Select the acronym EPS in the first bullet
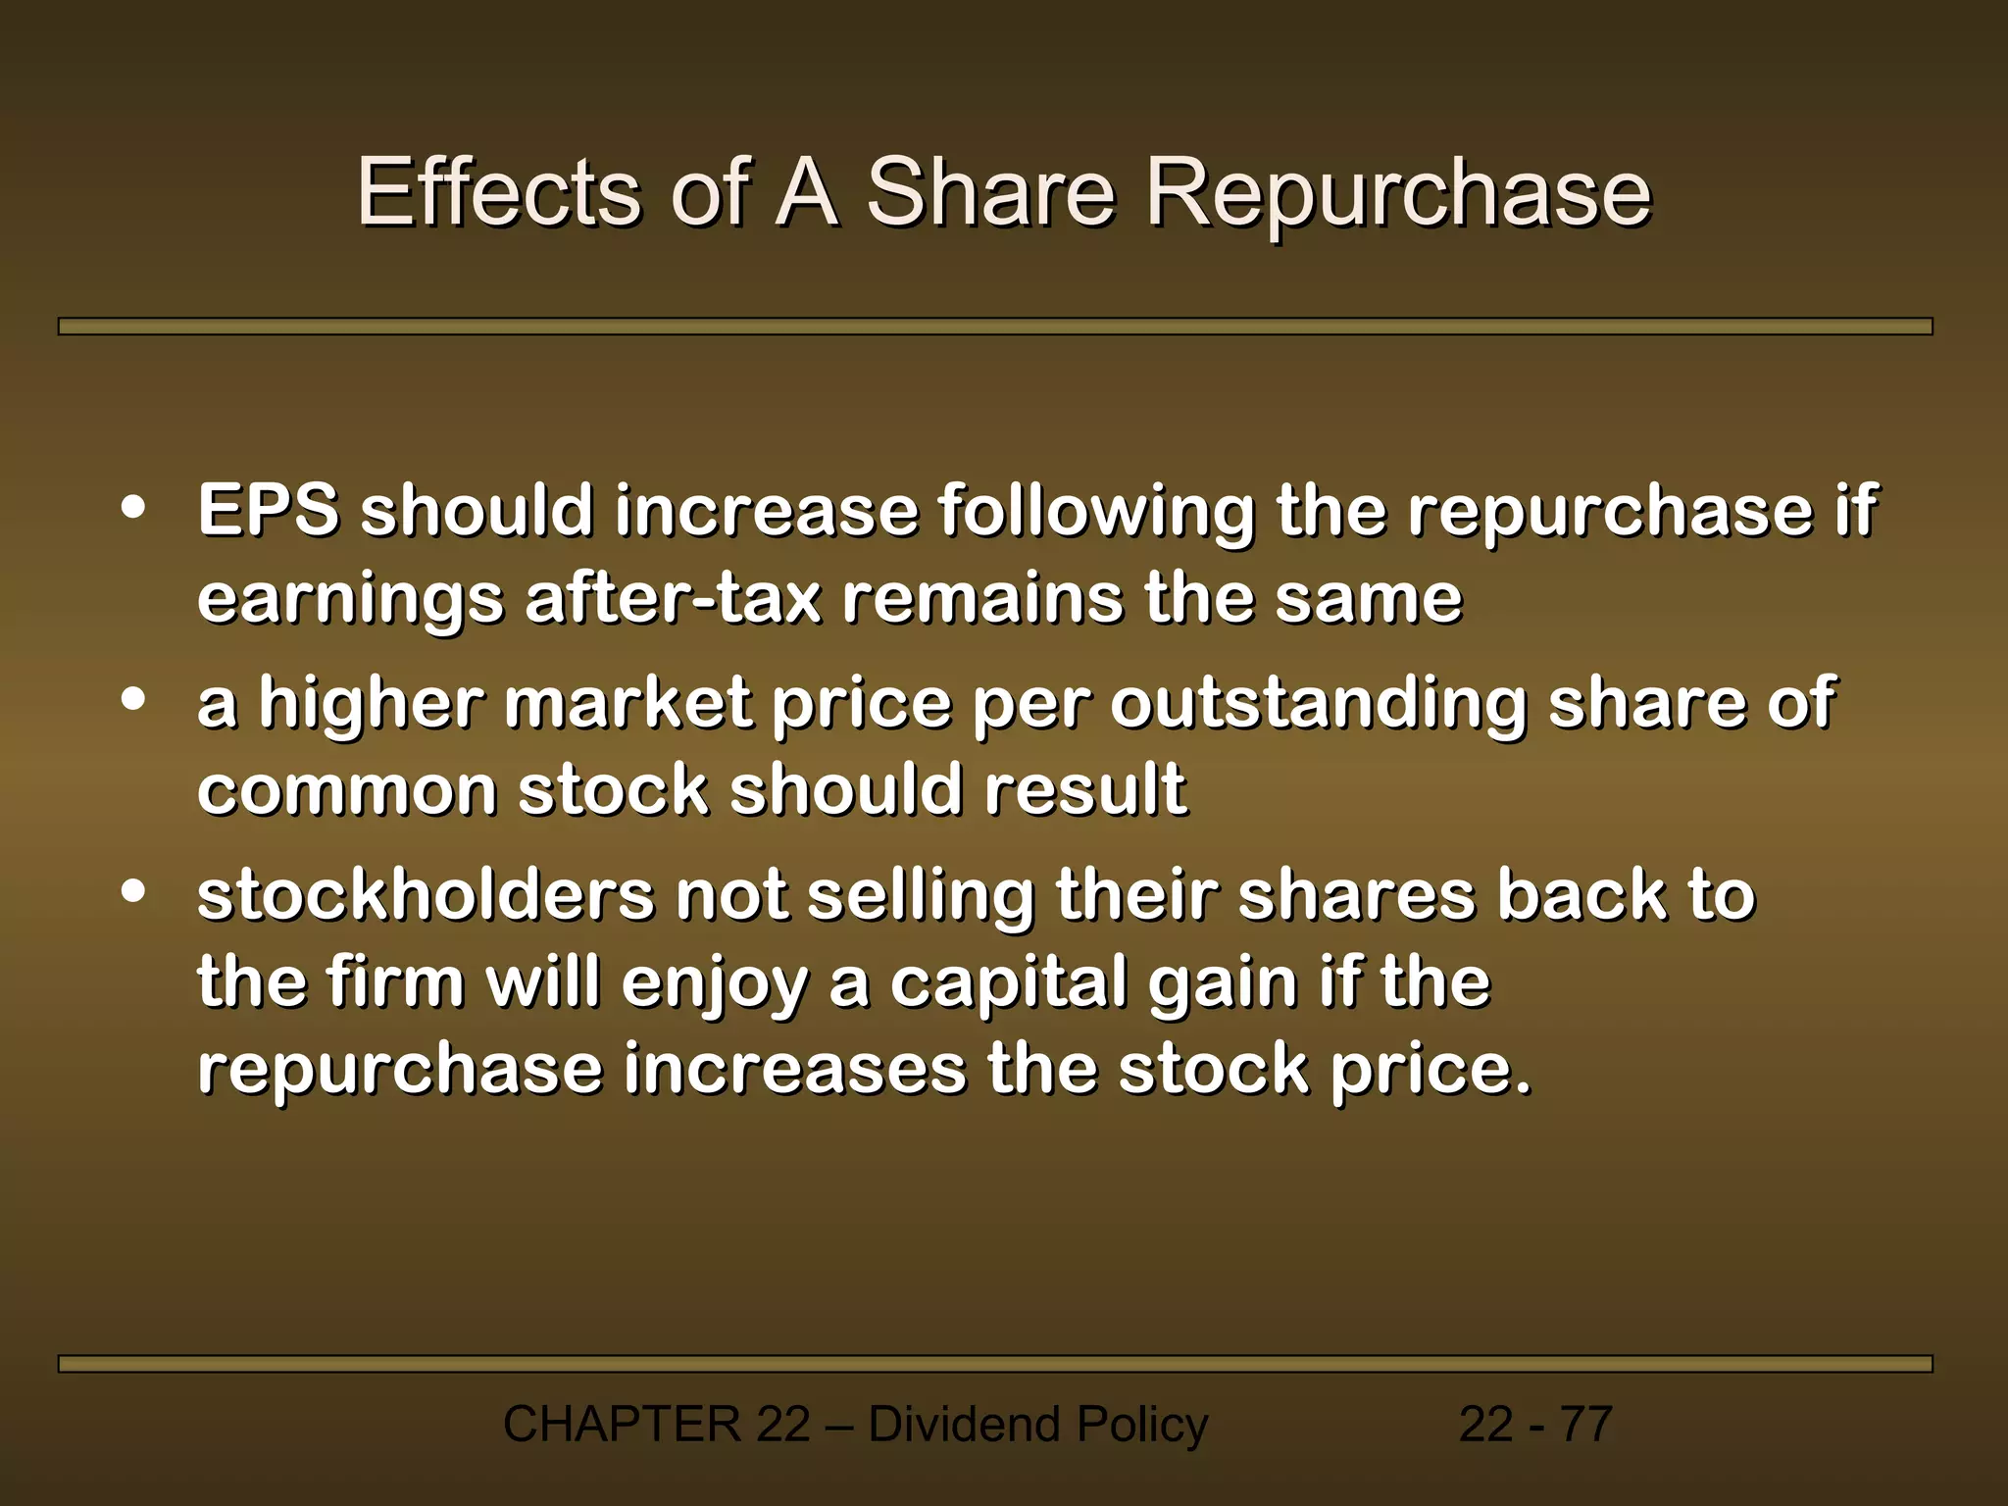(268, 511)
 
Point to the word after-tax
(673, 599)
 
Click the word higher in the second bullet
(372, 704)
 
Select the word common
(347, 790)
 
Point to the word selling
(921, 897)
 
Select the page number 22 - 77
(1535, 1424)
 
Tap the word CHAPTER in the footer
(622, 1424)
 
